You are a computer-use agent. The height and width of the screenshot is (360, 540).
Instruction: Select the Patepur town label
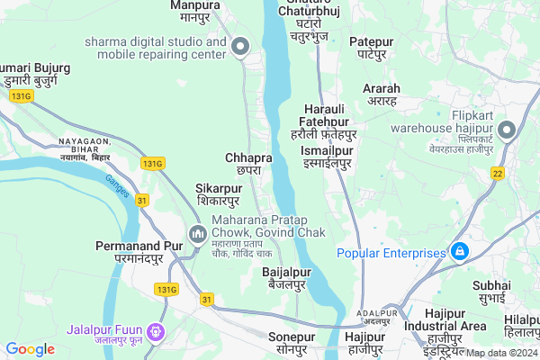coord(373,48)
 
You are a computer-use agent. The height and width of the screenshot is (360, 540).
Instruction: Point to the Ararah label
coord(382,95)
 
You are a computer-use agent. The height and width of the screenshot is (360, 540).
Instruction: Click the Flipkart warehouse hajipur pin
coord(507,131)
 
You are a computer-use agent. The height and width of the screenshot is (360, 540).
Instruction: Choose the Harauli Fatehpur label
coord(325,127)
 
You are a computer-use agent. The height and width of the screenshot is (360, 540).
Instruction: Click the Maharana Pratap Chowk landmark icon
coord(198,234)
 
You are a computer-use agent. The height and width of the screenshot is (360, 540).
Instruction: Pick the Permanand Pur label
coord(130,251)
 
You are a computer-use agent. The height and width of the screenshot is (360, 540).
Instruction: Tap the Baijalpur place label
coord(286,278)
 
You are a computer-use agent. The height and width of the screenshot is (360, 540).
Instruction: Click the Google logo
coord(30,349)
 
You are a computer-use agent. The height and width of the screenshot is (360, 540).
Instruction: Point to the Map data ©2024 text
coord(500,354)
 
